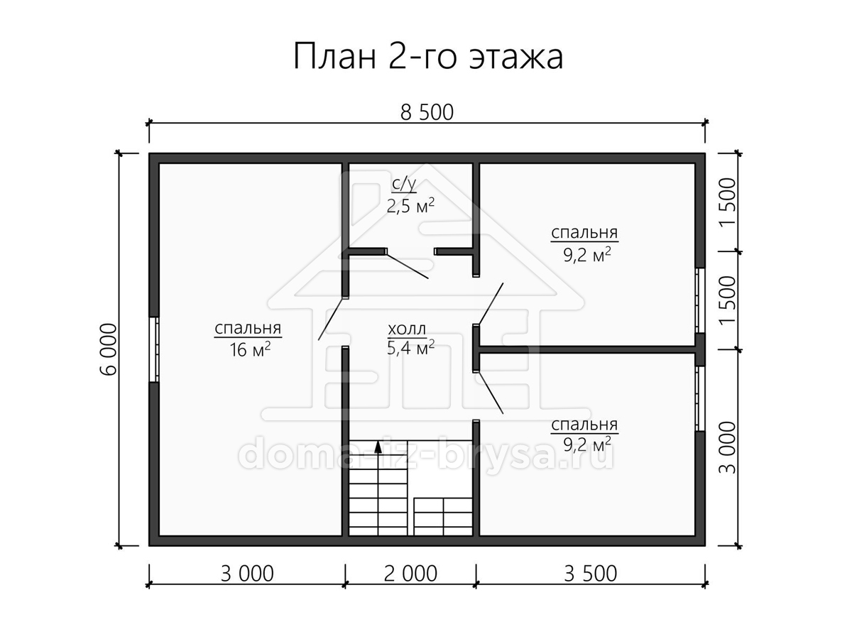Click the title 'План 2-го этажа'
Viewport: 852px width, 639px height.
point(427,57)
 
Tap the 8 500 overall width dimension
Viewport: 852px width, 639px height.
point(427,112)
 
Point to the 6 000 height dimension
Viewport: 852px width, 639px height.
point(109,349)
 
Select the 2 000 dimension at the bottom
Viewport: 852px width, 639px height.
point(410,574)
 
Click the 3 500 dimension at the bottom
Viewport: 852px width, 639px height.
point(590,574)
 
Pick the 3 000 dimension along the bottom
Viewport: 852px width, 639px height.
point(247,574)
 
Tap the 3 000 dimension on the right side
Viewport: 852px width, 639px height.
point(727,448)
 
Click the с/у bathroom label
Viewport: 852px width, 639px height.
point(404,185)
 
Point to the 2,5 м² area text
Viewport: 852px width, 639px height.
point(410,206)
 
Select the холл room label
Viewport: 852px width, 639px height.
point(407,329)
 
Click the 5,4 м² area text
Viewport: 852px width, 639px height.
point(410,348)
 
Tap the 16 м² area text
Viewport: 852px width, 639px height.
point(250,350)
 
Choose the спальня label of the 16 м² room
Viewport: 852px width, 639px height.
point(248,329)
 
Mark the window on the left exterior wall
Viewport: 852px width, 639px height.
point(154,349)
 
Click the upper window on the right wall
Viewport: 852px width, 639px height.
point(699,300)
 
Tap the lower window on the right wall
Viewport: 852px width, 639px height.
point(699,398)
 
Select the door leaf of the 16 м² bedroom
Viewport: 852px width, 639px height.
point(331,319)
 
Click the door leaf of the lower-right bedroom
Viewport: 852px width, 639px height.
point(491,393)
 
